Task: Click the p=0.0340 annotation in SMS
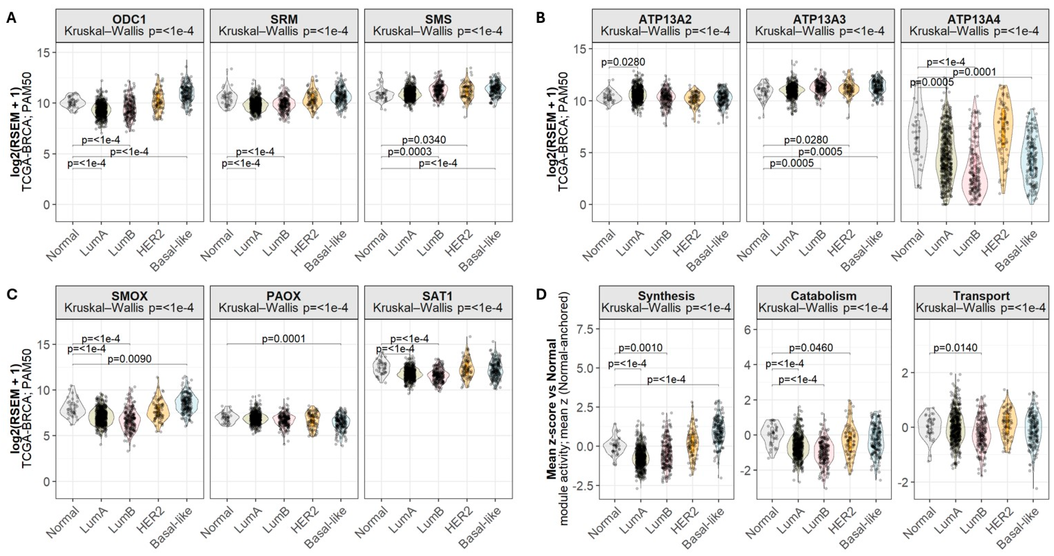pyautogui.click(x=424, y=140)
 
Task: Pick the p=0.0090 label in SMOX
pyautogui.click(x=129, y=359)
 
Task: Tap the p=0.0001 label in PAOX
pyautogui.click(x=284, y=338)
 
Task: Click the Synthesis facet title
pyautogui.click(x=666, y=296)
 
